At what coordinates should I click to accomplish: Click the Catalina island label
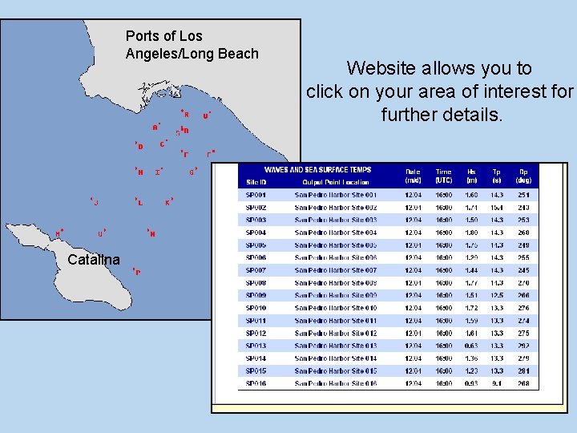tap(94, 260)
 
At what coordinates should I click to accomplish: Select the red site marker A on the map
tap(156, 127)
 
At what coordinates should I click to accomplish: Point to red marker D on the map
tap(139, 146)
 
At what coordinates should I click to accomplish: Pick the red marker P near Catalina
tap(136, 272)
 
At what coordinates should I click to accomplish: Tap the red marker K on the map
tap(168, 202)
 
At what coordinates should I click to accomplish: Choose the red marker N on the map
tap(151, 233)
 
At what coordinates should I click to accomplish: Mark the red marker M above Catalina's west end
tap(59, 233)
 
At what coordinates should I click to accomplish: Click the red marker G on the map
tap(192, 171)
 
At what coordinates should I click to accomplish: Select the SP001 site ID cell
tap(256, 195)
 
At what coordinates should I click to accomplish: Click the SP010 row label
tap(256, 308)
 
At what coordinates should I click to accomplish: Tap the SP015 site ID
tap(256, 370)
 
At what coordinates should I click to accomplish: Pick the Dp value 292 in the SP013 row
tap(523, 346)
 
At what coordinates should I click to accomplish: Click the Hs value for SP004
tap(471, 233)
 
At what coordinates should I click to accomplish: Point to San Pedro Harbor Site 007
tap(335, 270)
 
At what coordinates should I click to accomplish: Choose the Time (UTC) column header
tap(443, 176)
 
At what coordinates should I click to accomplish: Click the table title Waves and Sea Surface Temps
tap(317, 170)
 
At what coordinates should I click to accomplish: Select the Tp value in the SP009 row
tap(497, 295)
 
